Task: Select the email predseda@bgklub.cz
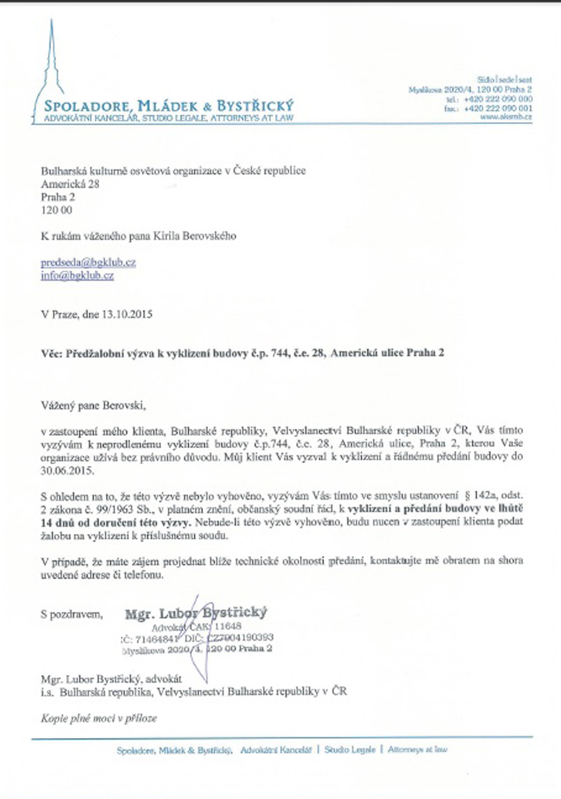tap(88, 263)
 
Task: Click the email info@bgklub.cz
tap(77, 274)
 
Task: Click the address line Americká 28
tap(70, 184)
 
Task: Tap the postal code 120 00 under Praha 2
tap(57, 210)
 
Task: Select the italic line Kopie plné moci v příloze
tap(99, 718)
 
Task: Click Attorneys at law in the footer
tap(417, 750)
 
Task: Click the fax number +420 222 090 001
tap(498, 108)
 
